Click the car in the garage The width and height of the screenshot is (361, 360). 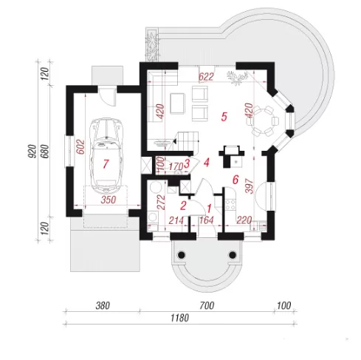point(106,155)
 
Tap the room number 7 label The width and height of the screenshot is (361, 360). point(106,164)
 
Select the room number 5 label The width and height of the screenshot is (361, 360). point(224,117)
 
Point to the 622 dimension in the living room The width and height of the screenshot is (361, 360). point(206,77)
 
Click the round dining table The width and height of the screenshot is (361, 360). point(262,121)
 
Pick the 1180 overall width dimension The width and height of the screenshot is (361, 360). point(180,318)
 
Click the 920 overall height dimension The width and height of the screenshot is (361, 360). point(32,152)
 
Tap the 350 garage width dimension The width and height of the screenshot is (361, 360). point(109,200)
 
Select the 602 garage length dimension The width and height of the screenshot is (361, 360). point(80,147)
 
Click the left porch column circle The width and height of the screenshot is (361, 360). point(182,255)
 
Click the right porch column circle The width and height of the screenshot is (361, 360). point(233,255)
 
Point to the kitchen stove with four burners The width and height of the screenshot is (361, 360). point(230,205)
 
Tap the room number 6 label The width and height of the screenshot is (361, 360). point(235,180)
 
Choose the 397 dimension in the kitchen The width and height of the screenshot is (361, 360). point(250,186)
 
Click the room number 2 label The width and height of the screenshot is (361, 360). point(183,206)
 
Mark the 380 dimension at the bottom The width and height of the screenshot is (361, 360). point(103,306)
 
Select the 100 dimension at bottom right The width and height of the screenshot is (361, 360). point(284,306)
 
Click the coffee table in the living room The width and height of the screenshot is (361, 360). point(177,103)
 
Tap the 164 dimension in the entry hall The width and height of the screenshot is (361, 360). point(206,220)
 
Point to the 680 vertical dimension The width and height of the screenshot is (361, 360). point(46,152)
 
